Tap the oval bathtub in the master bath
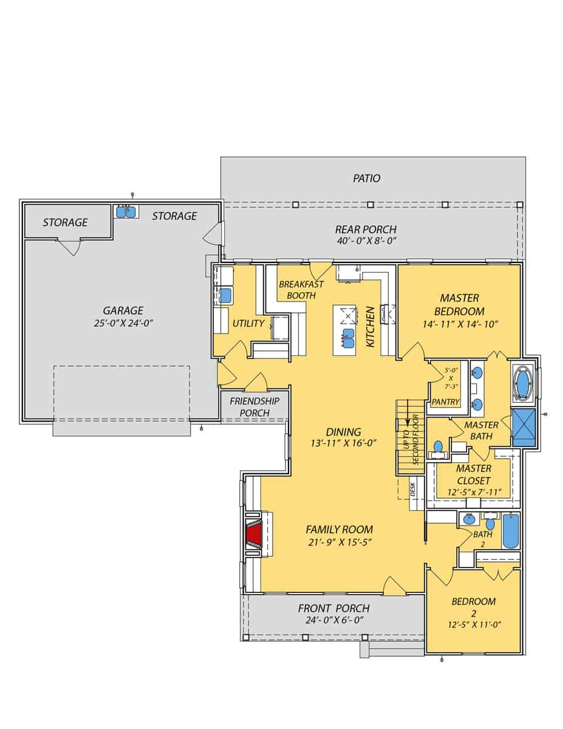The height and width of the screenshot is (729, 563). (x=522, y=384)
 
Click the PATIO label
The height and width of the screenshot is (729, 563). (x=367, y=178)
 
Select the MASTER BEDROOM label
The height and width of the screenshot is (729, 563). (x=459, y=304)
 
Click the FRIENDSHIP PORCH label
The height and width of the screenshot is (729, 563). (x=254, y=406)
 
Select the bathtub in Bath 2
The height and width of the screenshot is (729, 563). (x=510, y=530)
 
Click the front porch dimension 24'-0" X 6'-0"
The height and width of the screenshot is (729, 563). (x=333, y=621)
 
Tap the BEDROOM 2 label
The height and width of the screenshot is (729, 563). (x=473, y=601)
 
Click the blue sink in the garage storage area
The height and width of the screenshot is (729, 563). (x=127, y=211)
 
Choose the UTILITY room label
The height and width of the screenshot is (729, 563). (x=248, y=323)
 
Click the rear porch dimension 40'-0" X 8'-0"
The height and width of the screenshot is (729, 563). (x=366, y=241)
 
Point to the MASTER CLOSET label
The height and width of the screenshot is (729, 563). (x=473, y=474)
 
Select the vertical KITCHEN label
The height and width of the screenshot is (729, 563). (x=370, y=327)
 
